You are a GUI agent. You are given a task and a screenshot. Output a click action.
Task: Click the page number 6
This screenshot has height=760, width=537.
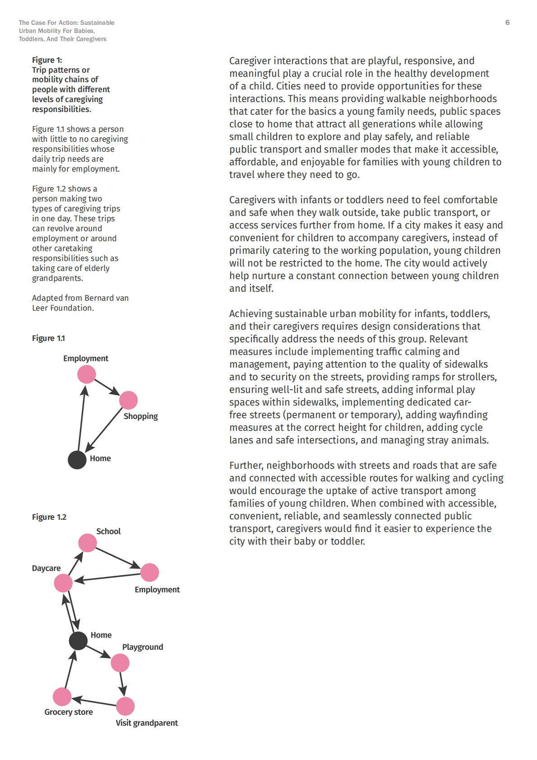tap(507, 23)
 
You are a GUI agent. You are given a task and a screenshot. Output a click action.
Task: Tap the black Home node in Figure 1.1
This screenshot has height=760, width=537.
tap(77, 460)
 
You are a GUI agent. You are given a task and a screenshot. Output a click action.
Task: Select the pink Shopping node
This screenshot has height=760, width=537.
tap(129, 400)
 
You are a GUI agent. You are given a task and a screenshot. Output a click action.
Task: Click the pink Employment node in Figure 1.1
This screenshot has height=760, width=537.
tap(87, 374)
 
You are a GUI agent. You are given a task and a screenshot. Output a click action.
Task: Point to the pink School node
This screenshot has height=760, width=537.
tap(88, 543)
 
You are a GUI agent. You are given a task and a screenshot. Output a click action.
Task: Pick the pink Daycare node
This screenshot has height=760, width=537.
tap(63, 583)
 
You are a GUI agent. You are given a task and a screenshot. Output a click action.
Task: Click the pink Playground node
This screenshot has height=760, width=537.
tap(120, 663)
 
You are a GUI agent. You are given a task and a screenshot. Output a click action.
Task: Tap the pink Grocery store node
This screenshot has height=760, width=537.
tap(62, 697)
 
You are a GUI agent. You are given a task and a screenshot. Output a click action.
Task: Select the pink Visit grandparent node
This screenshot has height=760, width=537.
tap(125, 706)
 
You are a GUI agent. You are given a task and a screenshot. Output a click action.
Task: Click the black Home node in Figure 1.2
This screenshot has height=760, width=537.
tap(78, 640)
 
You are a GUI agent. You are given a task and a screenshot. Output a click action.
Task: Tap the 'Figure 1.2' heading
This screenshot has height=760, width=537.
tap(49, 517)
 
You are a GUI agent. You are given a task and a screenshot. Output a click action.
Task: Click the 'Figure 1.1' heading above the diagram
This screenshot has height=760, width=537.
tap(48, 338)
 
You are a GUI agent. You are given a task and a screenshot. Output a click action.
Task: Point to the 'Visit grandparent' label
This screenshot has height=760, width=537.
tap(147, 723)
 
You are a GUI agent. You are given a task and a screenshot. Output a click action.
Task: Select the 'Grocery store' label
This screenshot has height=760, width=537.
tap(69, 712)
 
